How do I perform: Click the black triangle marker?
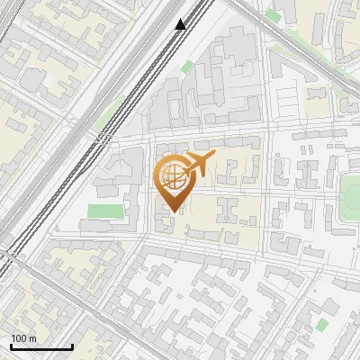(181, 24)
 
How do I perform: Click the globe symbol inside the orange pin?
(172, 178)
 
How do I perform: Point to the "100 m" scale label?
(23, 338)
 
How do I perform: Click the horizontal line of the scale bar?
(40, 346)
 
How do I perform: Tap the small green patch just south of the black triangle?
(186, 67)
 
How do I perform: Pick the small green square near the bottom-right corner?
(322, 323)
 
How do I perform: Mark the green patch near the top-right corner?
(274, 15)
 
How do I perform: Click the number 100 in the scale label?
(18, 338)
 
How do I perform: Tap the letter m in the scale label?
(32, 338)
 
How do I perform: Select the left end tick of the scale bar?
(11, 345)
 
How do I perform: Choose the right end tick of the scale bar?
(71, 345)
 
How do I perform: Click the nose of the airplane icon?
(213, 157)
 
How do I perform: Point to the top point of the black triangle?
(181, 19)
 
